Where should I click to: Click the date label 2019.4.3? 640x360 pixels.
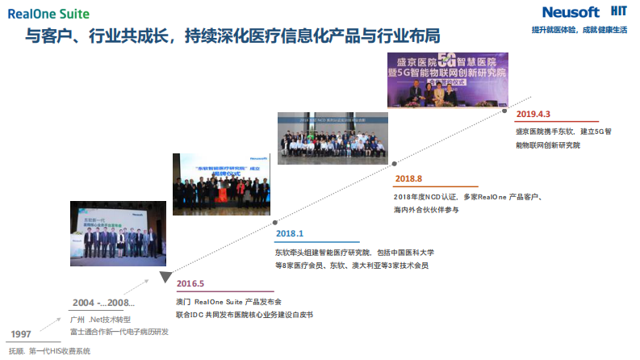pyautogui.click(x=534, y=114)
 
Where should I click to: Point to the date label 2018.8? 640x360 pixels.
pyautogui.click(x=408, y=178)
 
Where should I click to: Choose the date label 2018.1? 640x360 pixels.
pyautogui.click(x=290, y=234)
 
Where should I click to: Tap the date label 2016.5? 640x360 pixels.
pyautogui.click(x=190, y=283)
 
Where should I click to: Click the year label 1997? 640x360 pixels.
pyautogui.click(x=22, y=333)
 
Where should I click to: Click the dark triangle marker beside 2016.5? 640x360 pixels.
pyautogui.click(x=165, y=278)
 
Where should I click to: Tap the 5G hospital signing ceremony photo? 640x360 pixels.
pyautogui.click(x=448, y=81)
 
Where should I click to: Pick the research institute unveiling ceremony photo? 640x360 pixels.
pyautogui.click(x=220, y=183)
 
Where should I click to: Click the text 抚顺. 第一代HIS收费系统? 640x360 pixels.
pyautogui.click(x=50, y=351)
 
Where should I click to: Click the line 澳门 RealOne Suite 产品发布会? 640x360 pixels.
pyautogui.click(x=228, y=300)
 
